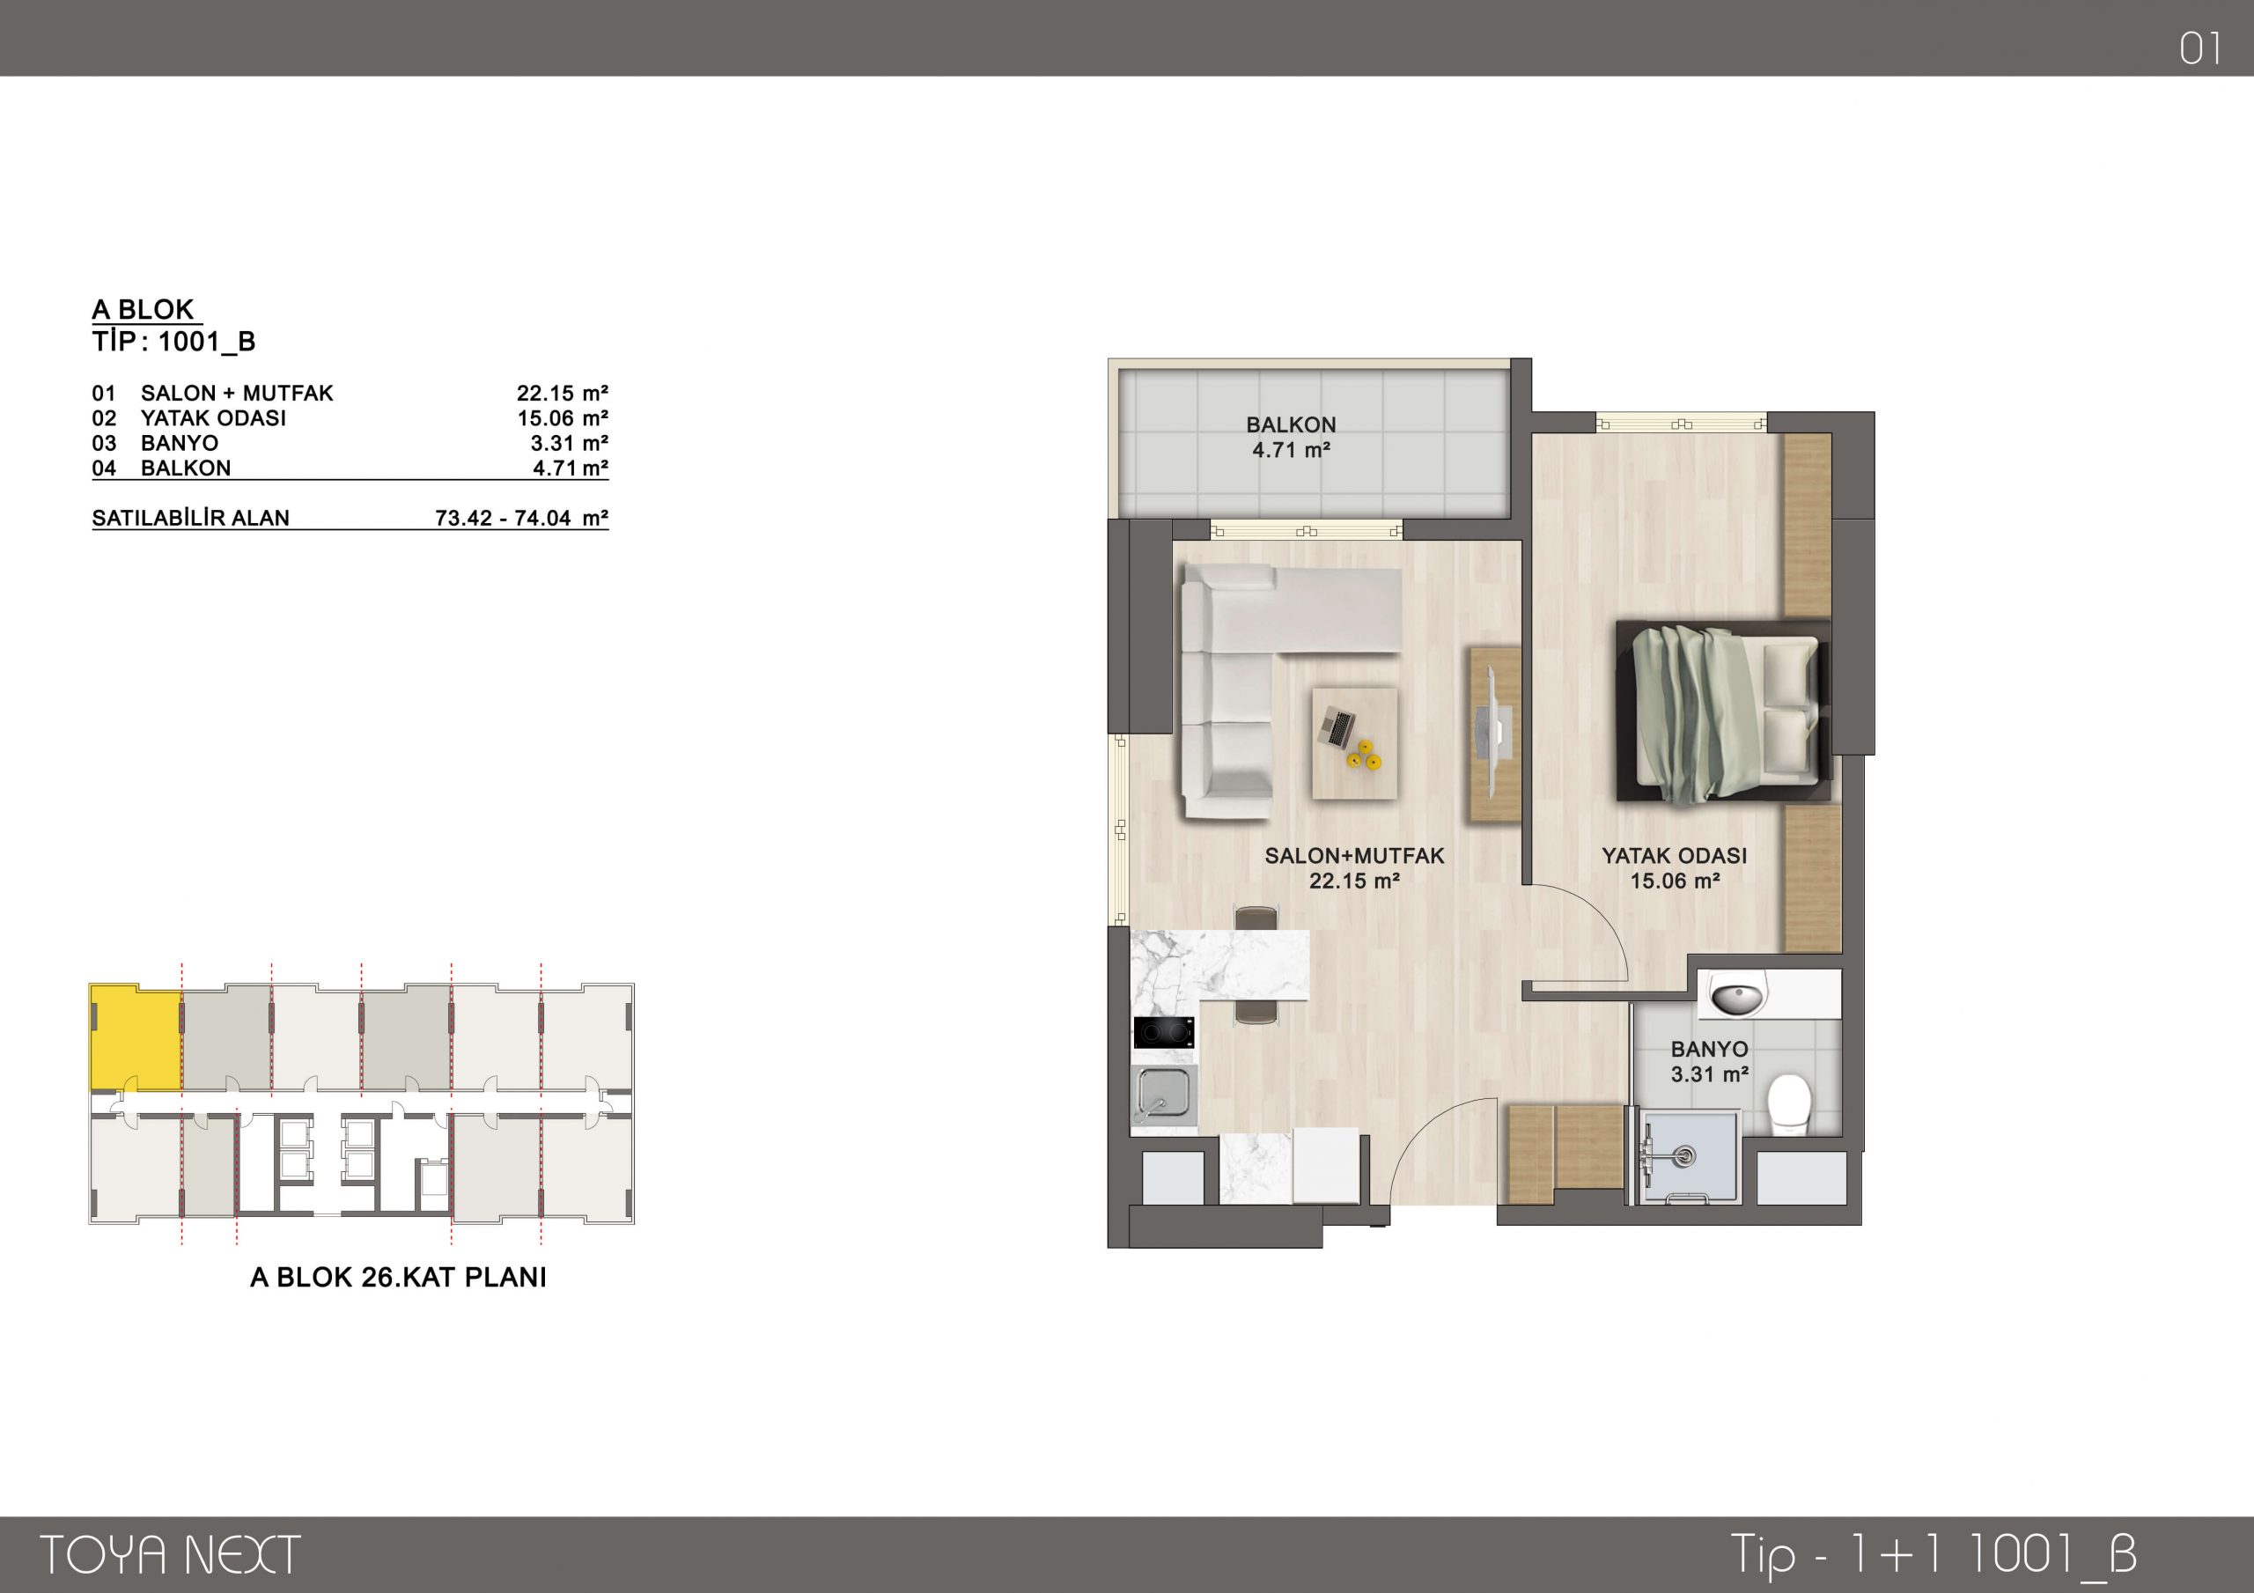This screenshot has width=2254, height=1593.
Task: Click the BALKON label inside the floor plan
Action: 1291,425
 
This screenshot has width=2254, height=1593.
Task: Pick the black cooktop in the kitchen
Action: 1164,1032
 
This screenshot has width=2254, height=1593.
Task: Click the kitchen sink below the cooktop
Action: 1164,1093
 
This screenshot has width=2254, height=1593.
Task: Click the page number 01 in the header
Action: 2200,49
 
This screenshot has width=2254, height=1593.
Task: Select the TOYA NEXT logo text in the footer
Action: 170,1555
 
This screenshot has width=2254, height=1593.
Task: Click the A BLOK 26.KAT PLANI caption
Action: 399,1277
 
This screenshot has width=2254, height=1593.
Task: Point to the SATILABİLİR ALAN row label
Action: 190,518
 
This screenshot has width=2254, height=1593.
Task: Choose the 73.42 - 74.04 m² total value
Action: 522,518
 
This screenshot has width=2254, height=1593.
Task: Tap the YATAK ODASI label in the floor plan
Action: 1675,855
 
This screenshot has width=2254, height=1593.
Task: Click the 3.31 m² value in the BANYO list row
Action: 570,443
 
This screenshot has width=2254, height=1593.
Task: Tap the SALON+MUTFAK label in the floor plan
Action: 1355,855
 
